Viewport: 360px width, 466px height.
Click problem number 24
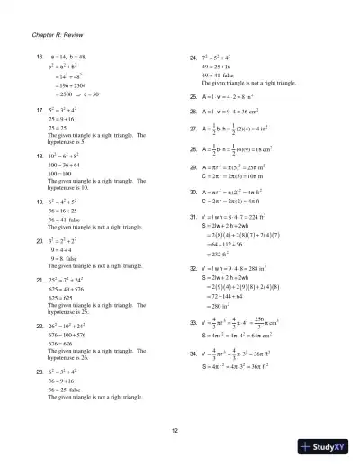click(193, 57)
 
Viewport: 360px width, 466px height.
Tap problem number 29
click(193, 168)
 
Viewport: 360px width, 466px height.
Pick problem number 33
click(193, 320)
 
